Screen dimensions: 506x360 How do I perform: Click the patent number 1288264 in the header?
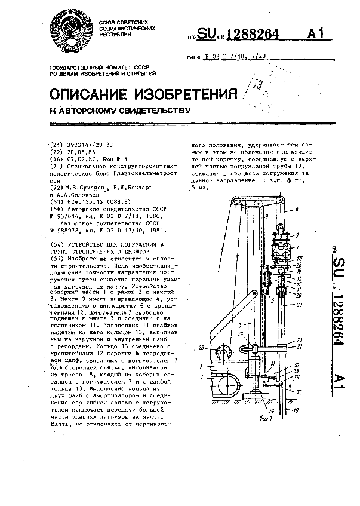coord(247,35)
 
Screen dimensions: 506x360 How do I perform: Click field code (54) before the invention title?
coord(55,244)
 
